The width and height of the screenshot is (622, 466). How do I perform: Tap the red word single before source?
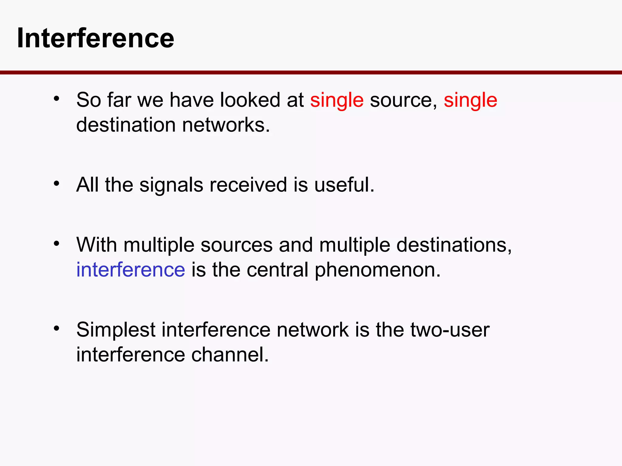point(337,100)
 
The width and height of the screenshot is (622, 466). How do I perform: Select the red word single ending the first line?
point(470,100)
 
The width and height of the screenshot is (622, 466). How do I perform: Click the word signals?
point(171,185)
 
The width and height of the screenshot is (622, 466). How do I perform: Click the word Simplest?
point(116,330)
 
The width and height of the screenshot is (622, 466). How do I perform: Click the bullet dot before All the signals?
point(56,183)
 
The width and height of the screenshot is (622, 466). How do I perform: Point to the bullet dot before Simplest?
point(56,328)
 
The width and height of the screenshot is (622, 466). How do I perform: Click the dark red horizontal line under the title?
point(311,73)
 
